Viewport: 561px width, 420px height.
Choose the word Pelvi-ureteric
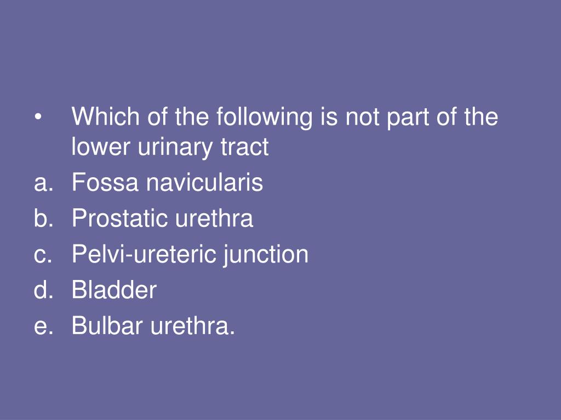144,255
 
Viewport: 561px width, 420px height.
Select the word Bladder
114,290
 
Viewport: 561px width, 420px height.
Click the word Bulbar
107,326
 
